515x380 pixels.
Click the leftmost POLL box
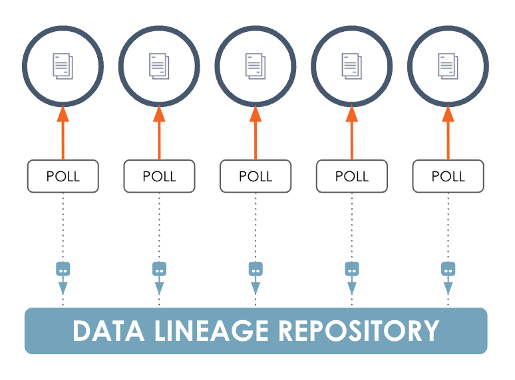[x=63, y=177]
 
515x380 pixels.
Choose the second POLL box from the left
[x=159, y=177]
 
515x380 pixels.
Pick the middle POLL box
[x=256, y=177]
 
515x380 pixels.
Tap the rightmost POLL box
[x=448, y=177]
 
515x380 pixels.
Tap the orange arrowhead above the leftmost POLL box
[x=63, y=114]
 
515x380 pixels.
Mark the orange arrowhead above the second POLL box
[x=159, y=114]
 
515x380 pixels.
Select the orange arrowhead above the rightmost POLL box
[x=448, y=114]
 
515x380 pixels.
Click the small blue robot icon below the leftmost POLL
[x=63, y=270]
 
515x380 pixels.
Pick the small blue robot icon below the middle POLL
[x=256, y=270]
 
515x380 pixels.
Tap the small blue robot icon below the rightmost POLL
[x=448, y=270]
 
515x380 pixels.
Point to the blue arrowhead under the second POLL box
[x=159, y=288]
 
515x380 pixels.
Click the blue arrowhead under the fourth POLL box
[x=351, y=288]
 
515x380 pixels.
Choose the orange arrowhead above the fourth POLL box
[x=351, y=114]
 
